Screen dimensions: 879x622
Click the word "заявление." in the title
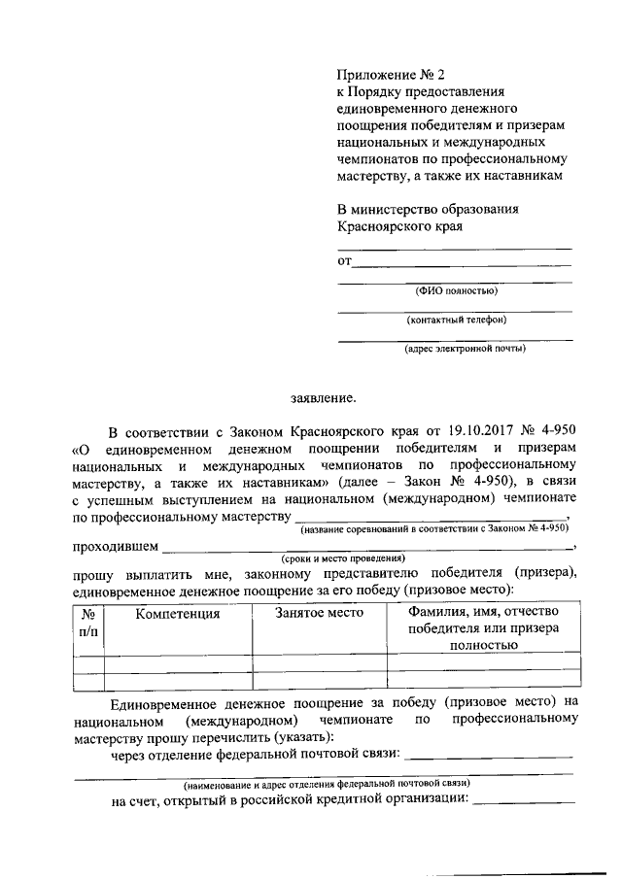[x=324, y=396]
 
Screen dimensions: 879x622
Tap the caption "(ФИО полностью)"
[x=456, y=289]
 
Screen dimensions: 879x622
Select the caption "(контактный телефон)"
[x=456, y=319]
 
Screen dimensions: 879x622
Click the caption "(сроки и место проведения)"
[x=342, y=558]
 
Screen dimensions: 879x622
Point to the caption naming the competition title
[x=433, y=529]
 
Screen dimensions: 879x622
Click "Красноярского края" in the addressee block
[x=399, y=226]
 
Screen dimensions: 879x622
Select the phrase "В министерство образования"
[x=428, y=209]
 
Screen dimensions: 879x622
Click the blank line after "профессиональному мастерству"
[x=430, y=519]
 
